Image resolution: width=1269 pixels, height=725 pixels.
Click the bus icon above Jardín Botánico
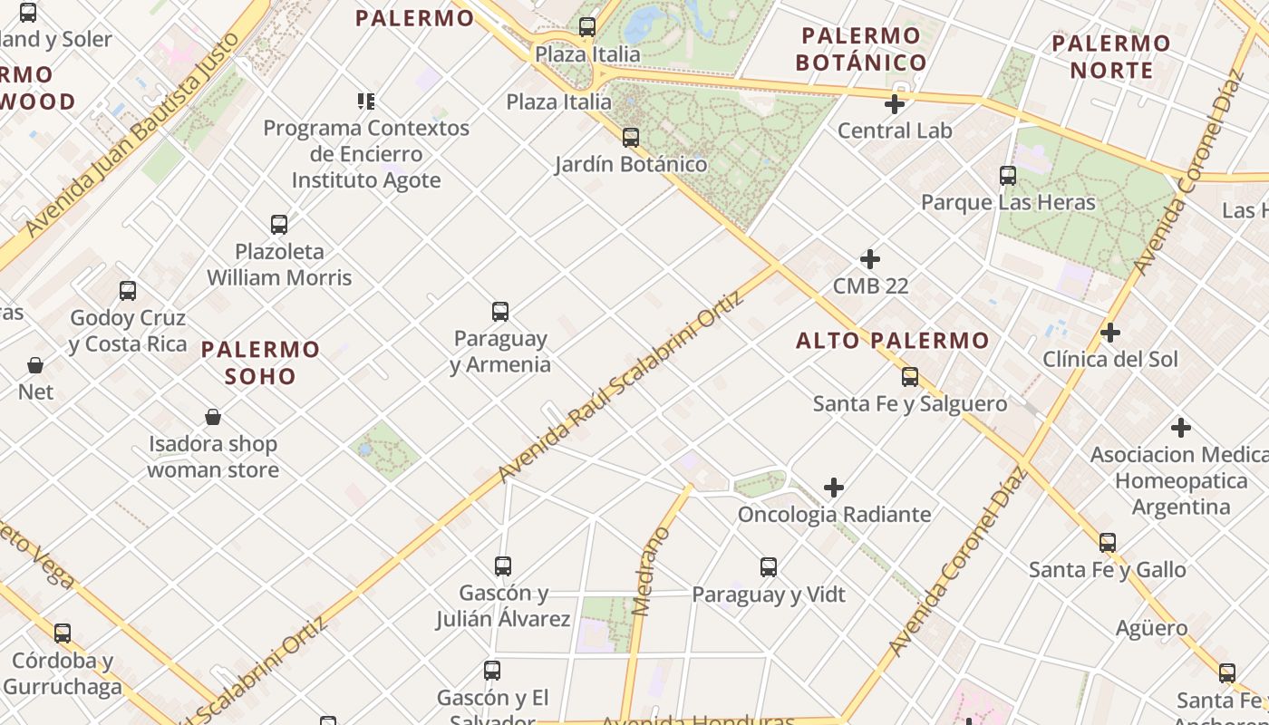pos(631,138)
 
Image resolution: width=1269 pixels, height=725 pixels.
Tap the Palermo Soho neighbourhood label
pos(261,362)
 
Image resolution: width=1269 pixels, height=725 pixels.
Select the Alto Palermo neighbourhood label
pos(893,341)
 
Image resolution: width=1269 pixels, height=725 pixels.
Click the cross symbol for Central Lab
pos(895,104)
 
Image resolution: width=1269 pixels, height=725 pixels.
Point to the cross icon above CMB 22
pos(870,259)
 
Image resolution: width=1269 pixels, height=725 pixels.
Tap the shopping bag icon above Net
pos(35,365)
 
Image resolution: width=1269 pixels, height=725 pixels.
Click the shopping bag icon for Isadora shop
pos(213,417)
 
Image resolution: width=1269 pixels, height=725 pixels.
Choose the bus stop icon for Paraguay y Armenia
pos(500,312)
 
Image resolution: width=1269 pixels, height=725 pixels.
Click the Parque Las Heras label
pos(1009,202)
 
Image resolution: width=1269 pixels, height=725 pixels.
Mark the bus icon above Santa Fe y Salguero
pos(910,377)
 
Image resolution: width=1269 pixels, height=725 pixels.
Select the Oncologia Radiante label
pos(834,515)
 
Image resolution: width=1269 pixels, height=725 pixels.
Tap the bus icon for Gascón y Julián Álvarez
pos(503,566)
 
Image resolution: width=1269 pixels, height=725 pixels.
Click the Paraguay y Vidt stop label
pos(769,594)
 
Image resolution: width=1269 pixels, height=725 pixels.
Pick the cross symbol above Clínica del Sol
pos(1110,333)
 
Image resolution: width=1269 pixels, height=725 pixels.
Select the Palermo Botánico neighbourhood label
pos(861,49)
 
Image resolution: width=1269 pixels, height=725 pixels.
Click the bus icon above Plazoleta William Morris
pos(279,225)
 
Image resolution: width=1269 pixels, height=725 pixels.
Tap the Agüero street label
pos(1151,628)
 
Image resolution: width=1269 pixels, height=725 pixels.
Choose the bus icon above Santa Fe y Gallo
pos(1108,543)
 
